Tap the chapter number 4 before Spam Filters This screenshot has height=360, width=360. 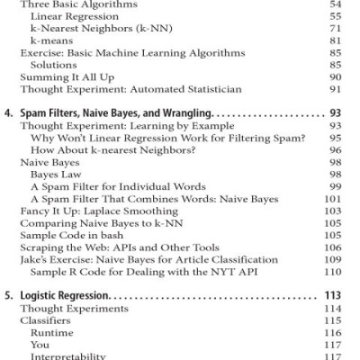pyautogui.click(x=8, y=114)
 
